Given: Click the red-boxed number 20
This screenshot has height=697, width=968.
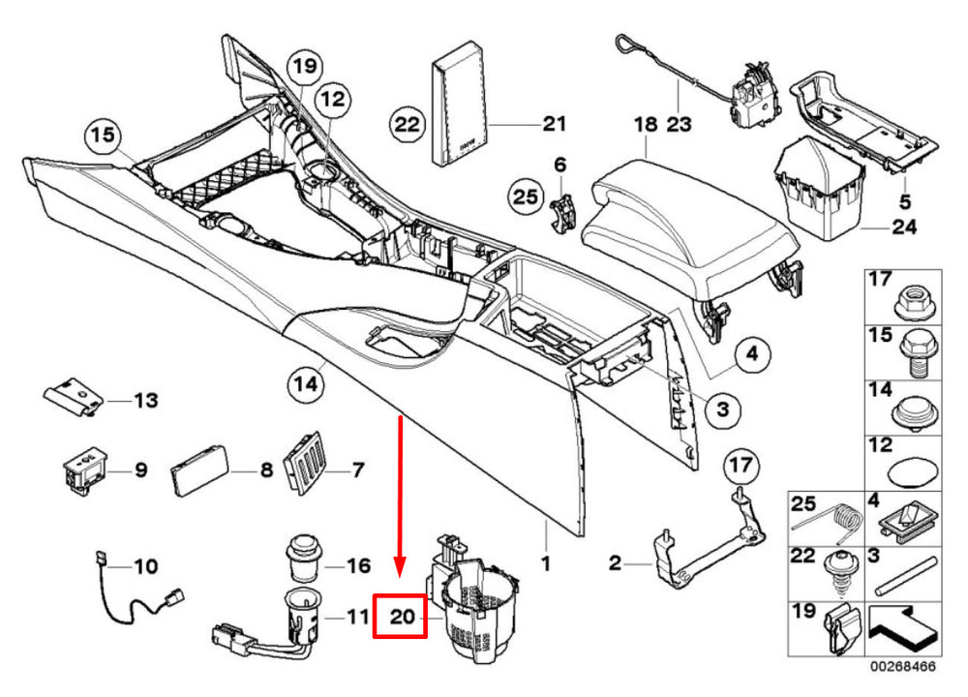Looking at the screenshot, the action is coord(402,616).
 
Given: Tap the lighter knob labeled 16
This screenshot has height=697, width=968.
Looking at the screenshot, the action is coord(302,560).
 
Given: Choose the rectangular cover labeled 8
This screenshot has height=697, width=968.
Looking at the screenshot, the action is coord(199,470).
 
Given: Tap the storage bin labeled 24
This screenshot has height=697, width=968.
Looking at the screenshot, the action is coord(819,190).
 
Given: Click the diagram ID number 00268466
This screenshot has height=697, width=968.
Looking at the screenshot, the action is coord(903,667).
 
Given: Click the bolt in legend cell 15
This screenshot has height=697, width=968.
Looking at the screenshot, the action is coord(919,352).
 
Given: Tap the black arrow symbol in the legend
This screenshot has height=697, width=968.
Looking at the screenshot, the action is coord(903,629).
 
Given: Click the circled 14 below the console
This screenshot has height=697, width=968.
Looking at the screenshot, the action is coord(306,384).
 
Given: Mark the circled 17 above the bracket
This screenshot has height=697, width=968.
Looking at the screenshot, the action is coord(741,465).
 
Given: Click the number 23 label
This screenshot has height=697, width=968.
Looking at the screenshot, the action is coord(679,124).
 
